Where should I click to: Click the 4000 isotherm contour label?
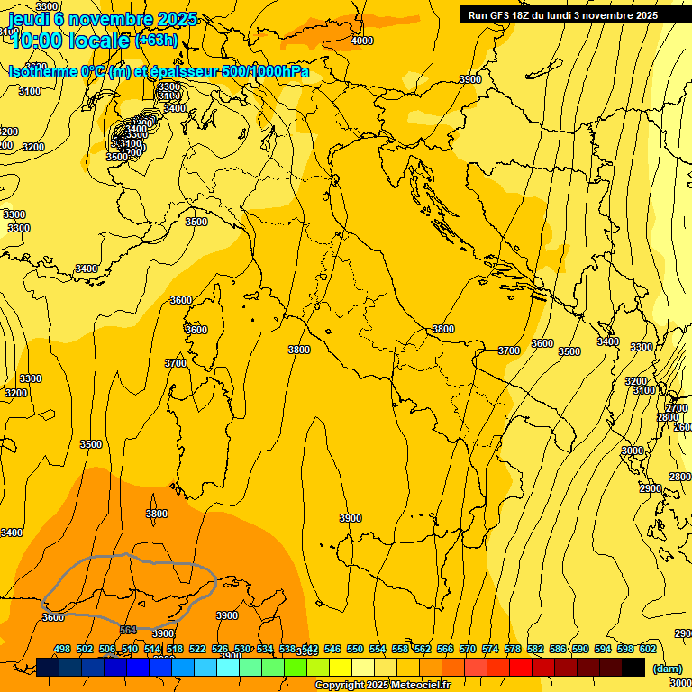[x=361, y=41]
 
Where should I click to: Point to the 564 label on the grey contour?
[x=128, y=630]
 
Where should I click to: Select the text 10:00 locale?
[x=70, y=40]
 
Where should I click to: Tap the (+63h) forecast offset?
[x=156, y=41]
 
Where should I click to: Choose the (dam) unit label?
[x=667, y=668]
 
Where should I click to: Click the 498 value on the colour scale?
[x=62, y=649]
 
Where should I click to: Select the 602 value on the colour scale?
[x=648, y=649]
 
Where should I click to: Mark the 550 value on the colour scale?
[x=355, y=649]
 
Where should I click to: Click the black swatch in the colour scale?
[x=633, y=667]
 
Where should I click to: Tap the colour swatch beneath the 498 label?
[x=48, y=667]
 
